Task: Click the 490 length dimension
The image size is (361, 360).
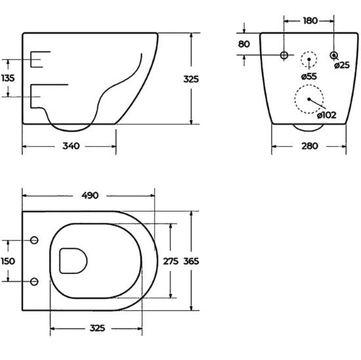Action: (x=89, y=195)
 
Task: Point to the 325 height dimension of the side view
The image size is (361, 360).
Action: (x=191, y=79)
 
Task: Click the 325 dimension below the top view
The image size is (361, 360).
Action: (x=98, y=327)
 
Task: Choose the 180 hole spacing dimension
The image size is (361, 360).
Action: (x=310, y=21)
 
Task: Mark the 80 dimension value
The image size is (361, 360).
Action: (x=244, y=45)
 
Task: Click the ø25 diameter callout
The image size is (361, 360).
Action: (x=341, y=65)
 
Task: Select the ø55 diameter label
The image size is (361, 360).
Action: (x=309, y=77)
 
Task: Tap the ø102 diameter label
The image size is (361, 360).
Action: (x=326, y=115)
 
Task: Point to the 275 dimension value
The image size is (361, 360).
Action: (x=171, y=260)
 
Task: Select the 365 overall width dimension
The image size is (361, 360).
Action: (x=191, y=260)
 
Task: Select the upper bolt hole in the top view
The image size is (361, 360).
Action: (x=35, y=239)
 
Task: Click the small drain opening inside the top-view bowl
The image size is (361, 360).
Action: (x=72, y=260)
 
